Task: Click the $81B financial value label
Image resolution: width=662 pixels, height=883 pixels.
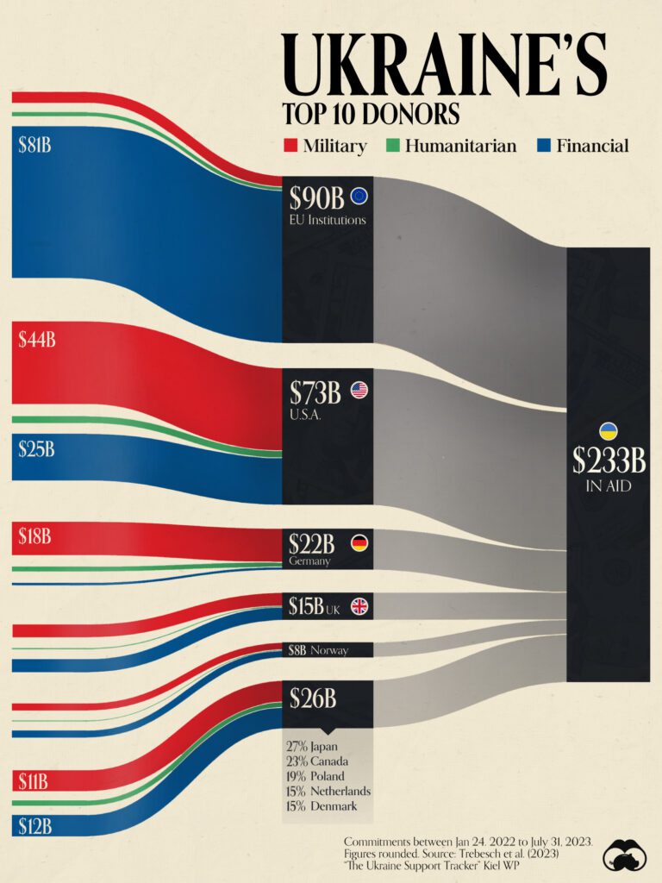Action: tap(34, 145)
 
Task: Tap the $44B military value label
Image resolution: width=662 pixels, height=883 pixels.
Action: tap(36, 340)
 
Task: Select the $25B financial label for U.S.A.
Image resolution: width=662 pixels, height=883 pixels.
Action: tap(36, 448)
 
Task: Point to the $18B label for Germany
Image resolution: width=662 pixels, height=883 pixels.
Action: tap(34, 536)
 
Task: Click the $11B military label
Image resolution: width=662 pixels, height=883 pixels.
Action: tap(34, 782)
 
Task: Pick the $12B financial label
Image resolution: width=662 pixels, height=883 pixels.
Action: tap(34, 826)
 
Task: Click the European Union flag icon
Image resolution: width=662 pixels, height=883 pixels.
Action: tap(359, 197)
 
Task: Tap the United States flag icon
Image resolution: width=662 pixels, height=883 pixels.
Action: tap(359, 391)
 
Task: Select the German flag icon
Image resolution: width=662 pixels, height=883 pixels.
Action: tap(359, 542)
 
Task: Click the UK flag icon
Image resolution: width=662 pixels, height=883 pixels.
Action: tap(359, 606)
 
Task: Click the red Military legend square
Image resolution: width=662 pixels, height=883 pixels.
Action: tap(290, 146)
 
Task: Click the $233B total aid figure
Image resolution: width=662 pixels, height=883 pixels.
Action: tap(609, 460)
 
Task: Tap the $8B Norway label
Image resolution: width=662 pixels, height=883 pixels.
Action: tap(318, 650)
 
